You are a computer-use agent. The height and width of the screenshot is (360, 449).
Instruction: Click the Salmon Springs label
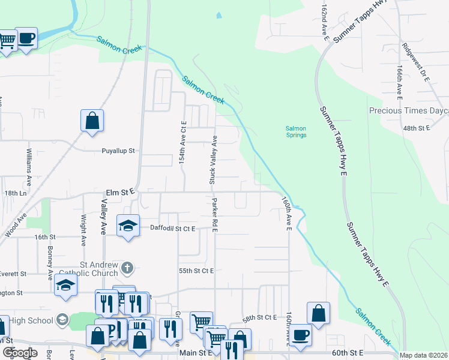[295, 131]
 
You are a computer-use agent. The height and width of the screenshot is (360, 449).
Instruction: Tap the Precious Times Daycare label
[408, 111]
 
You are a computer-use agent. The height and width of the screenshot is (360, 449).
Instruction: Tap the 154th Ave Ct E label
[184, 142]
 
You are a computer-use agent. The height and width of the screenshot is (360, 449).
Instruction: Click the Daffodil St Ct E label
[173, 228]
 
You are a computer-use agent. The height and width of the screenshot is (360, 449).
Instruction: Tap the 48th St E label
[417, 128]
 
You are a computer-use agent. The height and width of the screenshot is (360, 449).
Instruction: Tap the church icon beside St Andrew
[127, 266]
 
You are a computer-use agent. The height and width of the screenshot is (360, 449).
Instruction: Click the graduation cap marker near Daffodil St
[127, 226]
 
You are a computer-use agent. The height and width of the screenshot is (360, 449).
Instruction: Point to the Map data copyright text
[424, 356]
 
